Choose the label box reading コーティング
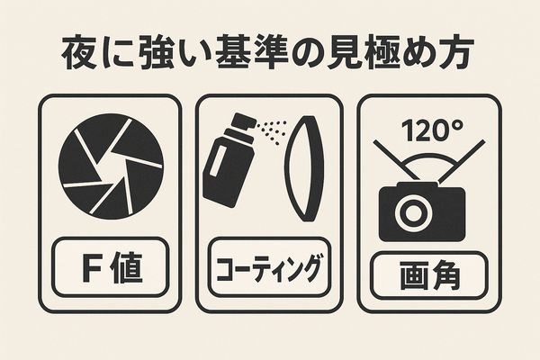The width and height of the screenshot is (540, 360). (x=267, y=267)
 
